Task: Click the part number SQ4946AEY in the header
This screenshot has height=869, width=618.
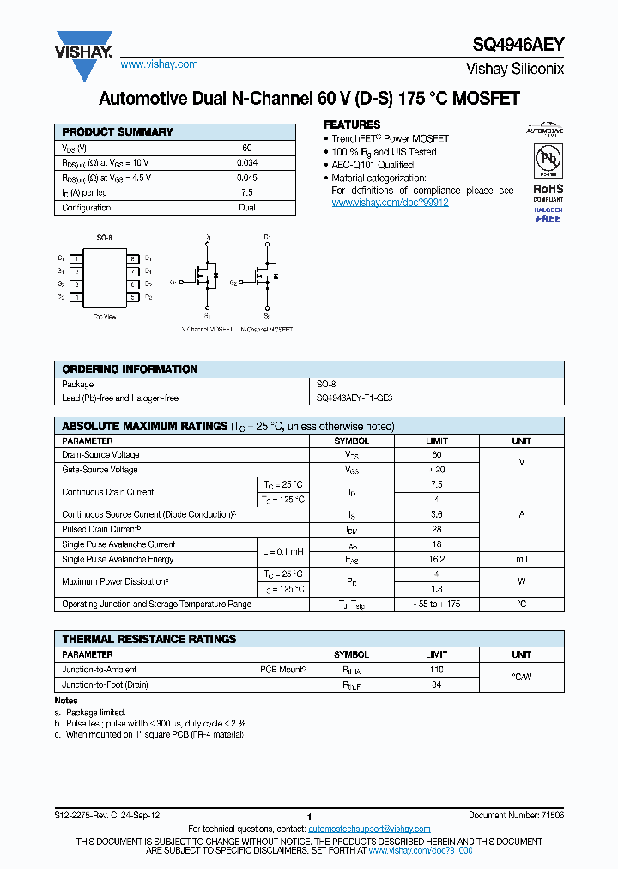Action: click(518, 48)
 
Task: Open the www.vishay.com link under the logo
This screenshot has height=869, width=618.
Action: click(159, 64)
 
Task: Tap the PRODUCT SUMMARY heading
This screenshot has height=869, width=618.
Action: click(118, 132)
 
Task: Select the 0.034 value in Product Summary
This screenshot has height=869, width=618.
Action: click(246, 162)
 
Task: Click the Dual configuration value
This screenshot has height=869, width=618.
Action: click(246, 208)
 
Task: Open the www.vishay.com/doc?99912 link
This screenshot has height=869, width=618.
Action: click(390, 203)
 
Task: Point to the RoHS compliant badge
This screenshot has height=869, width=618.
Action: click(548, 192)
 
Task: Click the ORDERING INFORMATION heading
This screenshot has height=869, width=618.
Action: click(130, 369)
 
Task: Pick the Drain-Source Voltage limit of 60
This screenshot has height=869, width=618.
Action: click(437, 455)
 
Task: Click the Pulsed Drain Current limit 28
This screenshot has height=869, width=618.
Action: click(437, 530)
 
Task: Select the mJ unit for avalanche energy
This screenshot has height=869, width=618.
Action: click(521, 559)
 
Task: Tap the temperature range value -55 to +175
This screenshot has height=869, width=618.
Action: click(437, 605)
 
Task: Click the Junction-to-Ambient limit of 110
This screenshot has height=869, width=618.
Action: click(437, 670)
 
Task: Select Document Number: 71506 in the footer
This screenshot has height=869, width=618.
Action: click(516, 815)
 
